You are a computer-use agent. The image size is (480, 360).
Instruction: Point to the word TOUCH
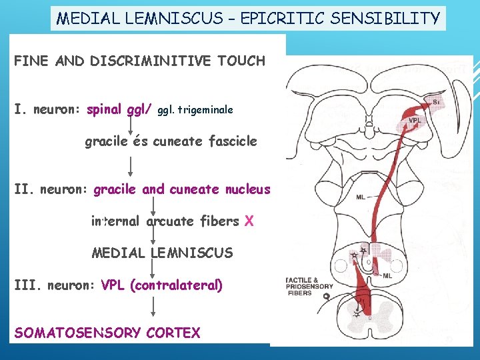tap(240, 61)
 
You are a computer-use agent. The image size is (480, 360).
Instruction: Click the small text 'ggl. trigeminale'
tap(195, 109)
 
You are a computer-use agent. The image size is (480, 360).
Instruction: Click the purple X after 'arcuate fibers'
tap(249, 221)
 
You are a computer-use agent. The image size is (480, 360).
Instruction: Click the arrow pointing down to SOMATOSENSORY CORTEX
tap(153, 307)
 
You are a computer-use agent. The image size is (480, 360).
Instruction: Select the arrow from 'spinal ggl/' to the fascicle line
tap(129, 124)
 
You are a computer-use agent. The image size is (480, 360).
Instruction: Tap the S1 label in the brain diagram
tap(436, 103)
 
